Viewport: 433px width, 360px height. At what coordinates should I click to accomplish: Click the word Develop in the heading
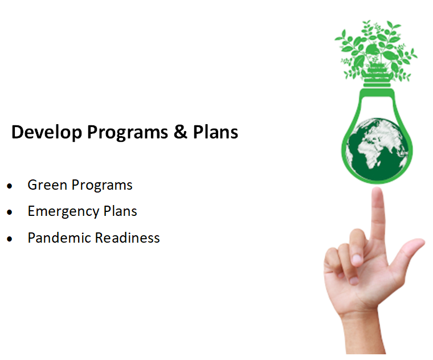tap(47, 133)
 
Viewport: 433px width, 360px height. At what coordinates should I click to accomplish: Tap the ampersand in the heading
tap(179, 133)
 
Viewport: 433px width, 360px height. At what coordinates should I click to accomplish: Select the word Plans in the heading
tap(215, 133)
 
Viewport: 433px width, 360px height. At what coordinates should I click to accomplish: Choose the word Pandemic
tap(59, 238)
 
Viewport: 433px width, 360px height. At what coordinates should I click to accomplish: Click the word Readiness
tap(128, 238)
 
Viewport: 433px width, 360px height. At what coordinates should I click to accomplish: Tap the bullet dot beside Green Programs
tap(10, 186)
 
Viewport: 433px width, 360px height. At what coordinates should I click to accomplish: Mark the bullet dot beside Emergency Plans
tap(10, 212)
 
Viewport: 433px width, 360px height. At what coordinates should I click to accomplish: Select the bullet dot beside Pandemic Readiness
tap(10, 239)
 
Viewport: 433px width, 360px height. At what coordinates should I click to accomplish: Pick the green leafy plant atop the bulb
tap(376, 48)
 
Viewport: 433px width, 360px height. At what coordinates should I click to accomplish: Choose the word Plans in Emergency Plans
tap(120, 211)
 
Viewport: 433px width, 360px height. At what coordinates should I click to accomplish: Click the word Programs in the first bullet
tap(104, 185)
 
